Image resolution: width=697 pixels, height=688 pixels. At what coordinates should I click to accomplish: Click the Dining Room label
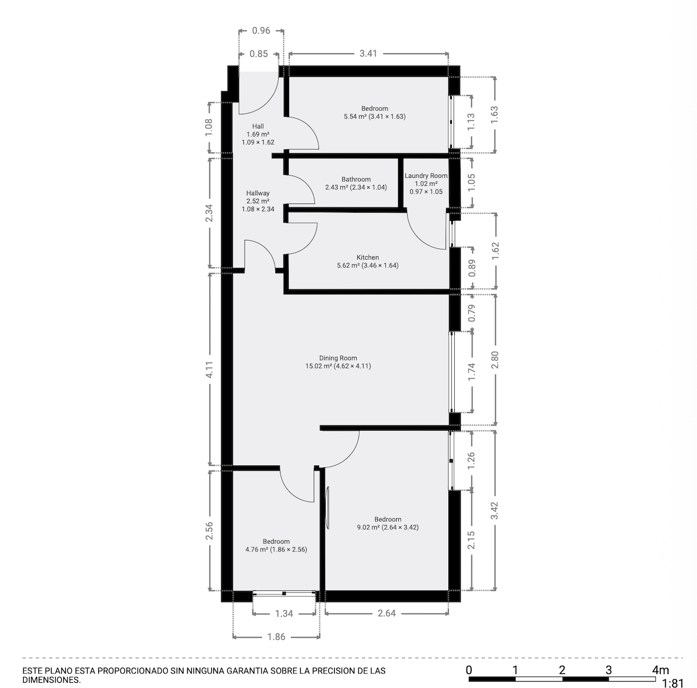tap(338, 359)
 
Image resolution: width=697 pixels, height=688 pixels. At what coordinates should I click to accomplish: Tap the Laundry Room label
tap(426, 176)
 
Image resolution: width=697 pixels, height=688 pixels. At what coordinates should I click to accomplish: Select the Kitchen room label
tap(368, 257)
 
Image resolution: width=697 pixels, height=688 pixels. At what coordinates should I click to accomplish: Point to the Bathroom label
tap(356, 180)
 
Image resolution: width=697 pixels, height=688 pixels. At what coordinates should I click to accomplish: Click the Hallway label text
tap(258, 193)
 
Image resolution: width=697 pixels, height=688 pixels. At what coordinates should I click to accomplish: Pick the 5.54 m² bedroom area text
tap(374, 116)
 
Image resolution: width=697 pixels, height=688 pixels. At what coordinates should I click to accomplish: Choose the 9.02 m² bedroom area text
tap(387, 528)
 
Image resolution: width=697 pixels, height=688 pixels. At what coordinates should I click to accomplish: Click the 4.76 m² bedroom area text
tap(276, 550)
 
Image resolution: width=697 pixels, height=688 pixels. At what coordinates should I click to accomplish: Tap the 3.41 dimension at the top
tap(368, 53)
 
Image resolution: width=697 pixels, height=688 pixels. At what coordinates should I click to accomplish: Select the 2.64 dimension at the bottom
tap(387, 613)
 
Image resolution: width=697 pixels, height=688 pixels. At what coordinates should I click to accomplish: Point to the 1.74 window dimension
tap(472, 371)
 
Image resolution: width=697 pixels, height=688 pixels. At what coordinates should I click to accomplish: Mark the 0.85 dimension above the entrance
tap(258, 54)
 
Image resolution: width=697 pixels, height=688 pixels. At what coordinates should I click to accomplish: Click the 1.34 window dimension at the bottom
tap(284, 613)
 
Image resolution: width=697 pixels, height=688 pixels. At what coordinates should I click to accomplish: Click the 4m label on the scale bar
tap(660, 669)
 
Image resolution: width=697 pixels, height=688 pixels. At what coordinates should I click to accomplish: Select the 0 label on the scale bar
tap(469, 669)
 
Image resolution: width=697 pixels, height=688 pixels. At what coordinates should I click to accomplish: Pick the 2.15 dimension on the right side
tap(472, 540)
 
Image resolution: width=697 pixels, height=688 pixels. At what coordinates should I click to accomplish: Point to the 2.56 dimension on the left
tap(210, 531)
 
